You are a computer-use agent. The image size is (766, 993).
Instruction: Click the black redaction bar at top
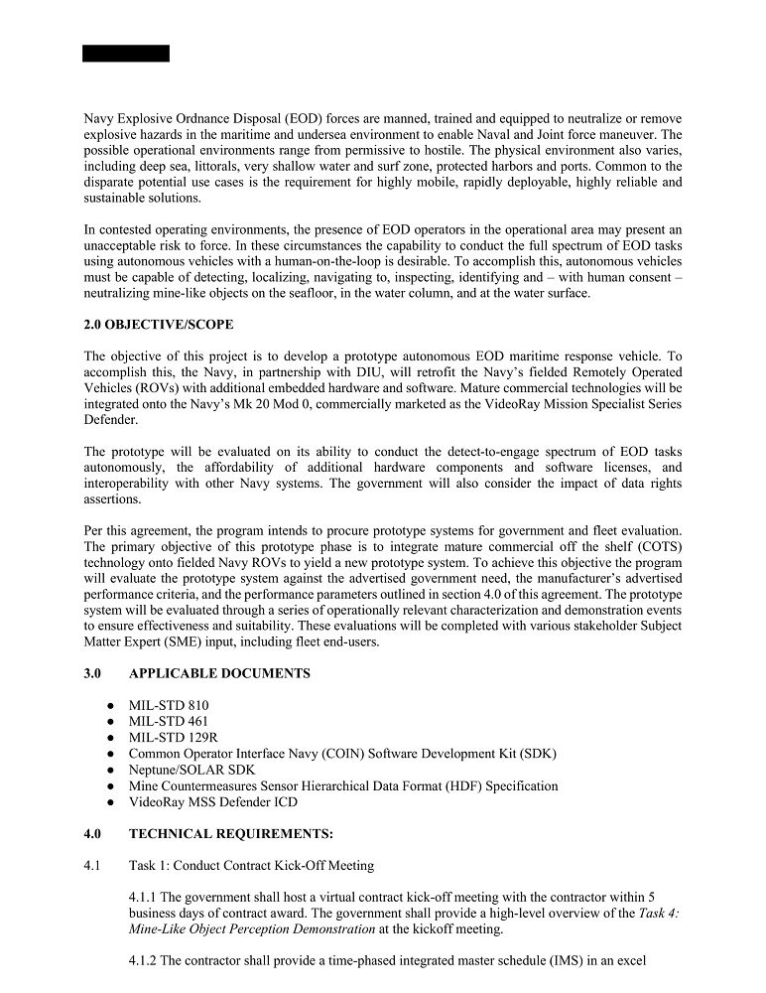point(126,54)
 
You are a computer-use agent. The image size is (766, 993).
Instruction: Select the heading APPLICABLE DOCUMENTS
point(219,673)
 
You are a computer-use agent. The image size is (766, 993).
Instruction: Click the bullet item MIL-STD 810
point(169,706)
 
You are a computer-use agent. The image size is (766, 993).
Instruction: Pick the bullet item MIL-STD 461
point(169,722)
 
